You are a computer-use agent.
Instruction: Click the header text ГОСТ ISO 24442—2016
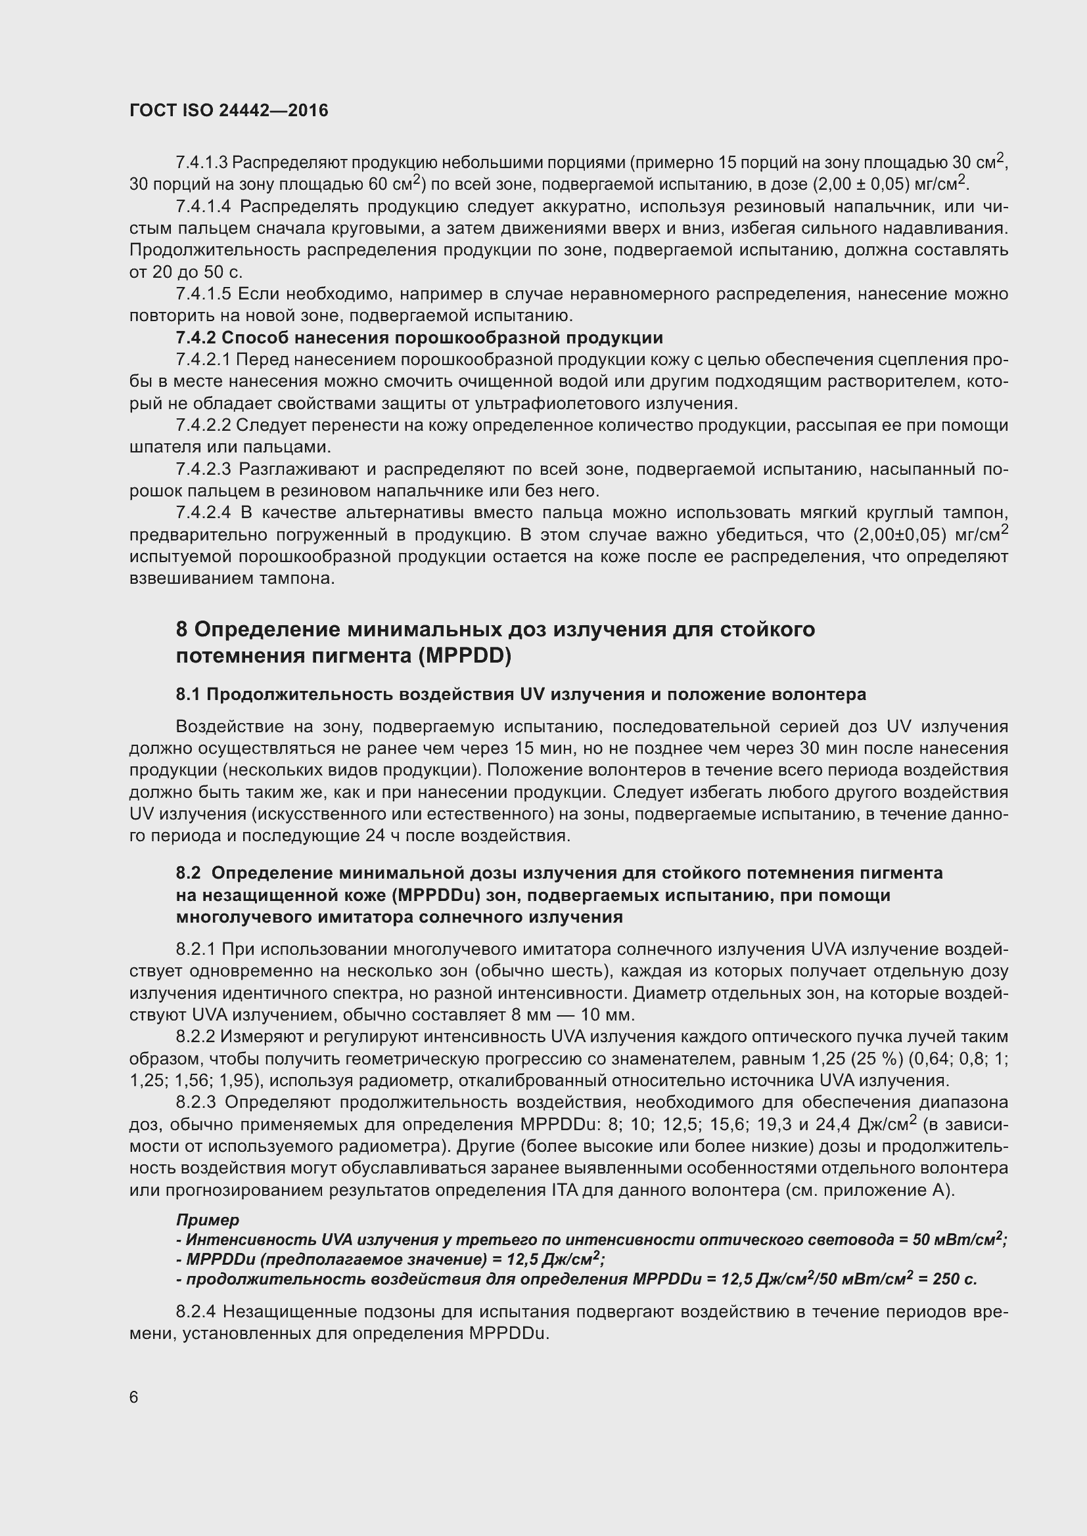pos(228,111)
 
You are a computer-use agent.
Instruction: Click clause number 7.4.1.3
pos(202,163)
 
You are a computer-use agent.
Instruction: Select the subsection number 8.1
pos(188,694)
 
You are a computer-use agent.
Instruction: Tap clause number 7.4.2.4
pos(203,513)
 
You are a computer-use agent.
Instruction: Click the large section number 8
pos(182,630)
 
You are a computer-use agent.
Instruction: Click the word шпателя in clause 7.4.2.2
pos(156,447)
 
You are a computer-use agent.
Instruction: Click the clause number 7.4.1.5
pos(203,294)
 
